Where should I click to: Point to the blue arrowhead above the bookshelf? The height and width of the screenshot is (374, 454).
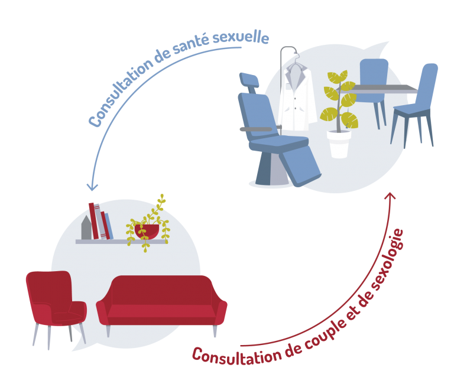[x=92, y=187]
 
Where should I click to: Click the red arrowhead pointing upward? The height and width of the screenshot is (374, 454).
[x=390, y=196]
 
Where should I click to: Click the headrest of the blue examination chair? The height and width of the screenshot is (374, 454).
[x=249, y=80]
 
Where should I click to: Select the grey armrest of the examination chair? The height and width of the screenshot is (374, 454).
[x=256, y=129]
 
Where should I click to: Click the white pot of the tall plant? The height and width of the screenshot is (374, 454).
[x=339, y=144]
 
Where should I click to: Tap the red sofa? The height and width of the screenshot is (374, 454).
[x=161, y=303]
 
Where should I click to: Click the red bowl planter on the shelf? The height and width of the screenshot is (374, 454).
[x=147, y=231]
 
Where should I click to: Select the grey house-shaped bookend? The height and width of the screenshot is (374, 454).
[x=86, y=227]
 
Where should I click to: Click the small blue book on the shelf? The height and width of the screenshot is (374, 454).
[x=109, y=226]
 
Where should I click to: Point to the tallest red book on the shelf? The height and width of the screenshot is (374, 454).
[x=93, y=221]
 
